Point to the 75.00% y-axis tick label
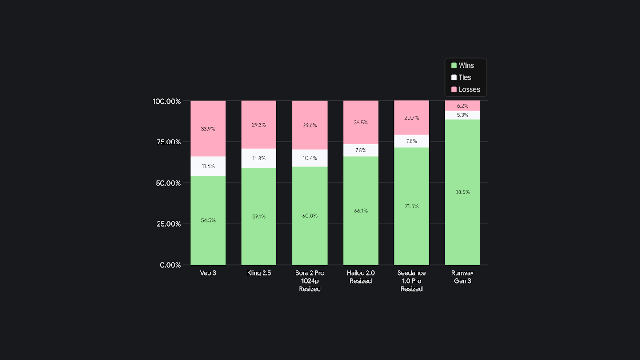[167, 142]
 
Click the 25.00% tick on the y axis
[167, 224]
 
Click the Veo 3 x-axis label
[208, 273]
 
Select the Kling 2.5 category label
[259, 273]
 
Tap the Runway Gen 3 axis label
[462, 277]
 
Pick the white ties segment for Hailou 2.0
[360, 151]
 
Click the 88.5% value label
[462, 192]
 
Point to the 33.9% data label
[208, 129]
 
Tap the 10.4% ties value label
[310, 158]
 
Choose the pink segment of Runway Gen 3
[462, 106]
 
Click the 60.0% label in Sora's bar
[310, 216]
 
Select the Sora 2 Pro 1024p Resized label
[310, 281]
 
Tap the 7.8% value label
[412, 141]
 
